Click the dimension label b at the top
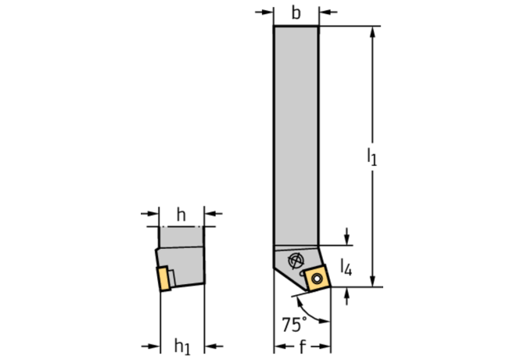[296, 13]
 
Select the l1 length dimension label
[372, 157]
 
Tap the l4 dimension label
[346, 268]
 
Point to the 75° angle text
[294, 324]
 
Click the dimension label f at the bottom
[303, 347]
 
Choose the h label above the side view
[181, 214]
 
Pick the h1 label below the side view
[182, 347]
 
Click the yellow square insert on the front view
[318, 278]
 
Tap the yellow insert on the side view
[164, 279]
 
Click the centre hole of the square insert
[316, 278]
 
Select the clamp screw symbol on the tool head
[296, 261]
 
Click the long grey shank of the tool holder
[296, 135]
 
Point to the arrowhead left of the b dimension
[268, 12]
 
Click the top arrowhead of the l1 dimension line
[373, 31]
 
